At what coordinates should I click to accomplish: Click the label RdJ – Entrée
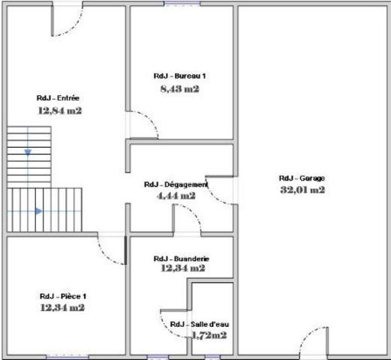(59, 98)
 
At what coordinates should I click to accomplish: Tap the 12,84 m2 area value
(59, 110)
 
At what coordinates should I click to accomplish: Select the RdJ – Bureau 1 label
(179, 76)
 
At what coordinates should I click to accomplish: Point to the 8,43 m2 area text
(179, 88)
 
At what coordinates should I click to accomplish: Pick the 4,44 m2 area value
(176, 196)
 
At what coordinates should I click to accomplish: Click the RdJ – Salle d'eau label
(200, 324)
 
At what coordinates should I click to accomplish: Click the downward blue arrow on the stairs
(28, 152)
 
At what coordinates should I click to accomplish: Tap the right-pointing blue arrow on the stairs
(38, 211)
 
